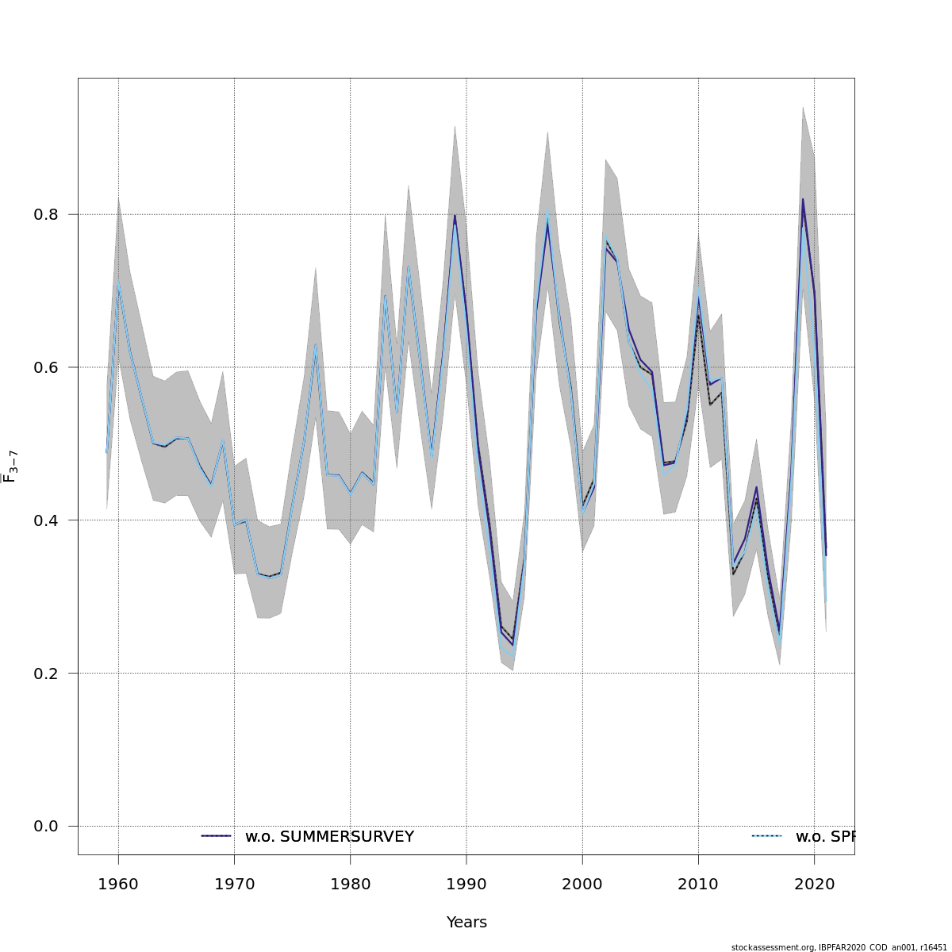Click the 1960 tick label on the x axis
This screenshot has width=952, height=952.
118,885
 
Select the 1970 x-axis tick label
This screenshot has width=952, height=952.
234,885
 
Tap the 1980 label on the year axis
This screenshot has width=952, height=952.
350,885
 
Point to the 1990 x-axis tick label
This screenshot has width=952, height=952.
466,885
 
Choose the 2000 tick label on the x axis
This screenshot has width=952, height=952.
582,885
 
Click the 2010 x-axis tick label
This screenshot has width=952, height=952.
698,885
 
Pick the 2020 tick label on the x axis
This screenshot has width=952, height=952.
814,885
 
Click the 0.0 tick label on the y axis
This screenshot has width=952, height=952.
46,827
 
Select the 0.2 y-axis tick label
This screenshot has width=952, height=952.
46,674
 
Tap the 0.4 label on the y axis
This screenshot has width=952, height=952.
46,520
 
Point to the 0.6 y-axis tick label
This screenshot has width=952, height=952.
46,367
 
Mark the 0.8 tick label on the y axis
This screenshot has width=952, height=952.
46,214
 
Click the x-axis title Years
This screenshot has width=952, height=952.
466,923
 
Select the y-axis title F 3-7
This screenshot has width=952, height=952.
10,466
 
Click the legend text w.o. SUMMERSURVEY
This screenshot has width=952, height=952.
329,837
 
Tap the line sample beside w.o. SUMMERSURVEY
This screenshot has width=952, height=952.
216,836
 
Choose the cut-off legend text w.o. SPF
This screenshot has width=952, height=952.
824,837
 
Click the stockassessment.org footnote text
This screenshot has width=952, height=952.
839,947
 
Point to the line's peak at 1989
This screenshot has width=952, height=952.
455,216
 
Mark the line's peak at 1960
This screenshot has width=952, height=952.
118,282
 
